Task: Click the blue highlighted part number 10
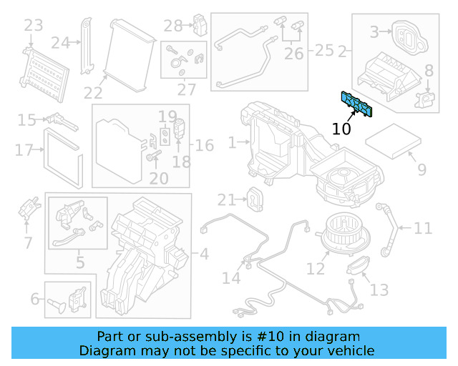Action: pos(357,104)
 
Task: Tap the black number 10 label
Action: pos(341,129)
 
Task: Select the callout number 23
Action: pos(34,26)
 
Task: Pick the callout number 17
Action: pos(24,150)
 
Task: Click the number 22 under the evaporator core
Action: pos(93,93)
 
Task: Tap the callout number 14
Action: pos(231,277)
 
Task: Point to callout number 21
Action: pos(227,199)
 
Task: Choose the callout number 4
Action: pos(204,253)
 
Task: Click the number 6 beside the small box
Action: pos(34,300)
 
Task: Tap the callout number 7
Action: pos(28,243)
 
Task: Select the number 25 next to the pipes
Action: pos(324,50)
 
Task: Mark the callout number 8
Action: pos(429,70)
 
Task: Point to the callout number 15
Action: pos(26,120)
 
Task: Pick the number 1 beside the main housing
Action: pos(232,144)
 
